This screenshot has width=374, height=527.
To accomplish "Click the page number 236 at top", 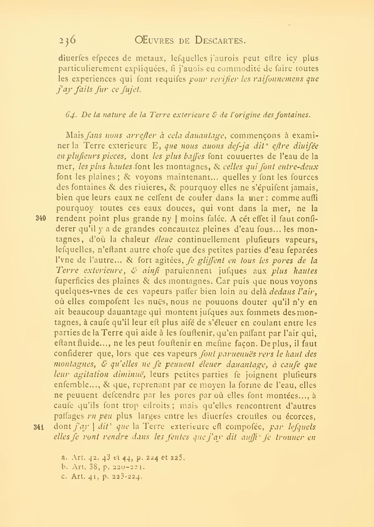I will [x=67, y=39].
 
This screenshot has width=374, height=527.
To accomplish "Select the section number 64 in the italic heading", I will [x=70, y=115].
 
